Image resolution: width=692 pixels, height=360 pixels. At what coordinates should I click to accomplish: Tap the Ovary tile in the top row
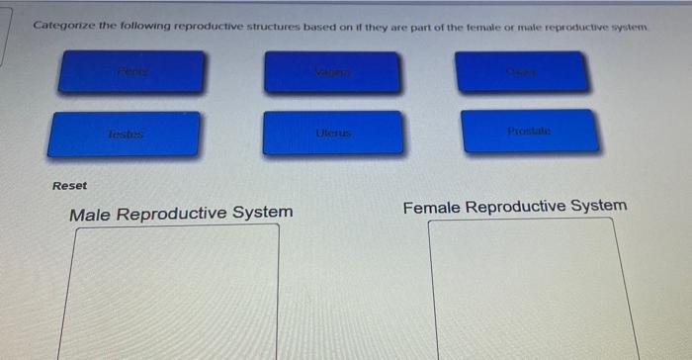pyautogui.click(x=524, y=70)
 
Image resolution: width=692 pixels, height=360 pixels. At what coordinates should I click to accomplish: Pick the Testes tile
pyautogui.click(x=125, y=134)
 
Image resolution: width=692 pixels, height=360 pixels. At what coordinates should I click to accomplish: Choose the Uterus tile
pyautogui.click(x=333, y=133)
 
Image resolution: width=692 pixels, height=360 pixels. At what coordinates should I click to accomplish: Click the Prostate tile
pyautogui.click(x=530, y=131)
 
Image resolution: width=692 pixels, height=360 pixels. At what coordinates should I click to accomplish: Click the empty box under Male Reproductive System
pyautogui.click(x=174, y=292)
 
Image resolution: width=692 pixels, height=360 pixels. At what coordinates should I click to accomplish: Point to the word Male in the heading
pyautogui.click(x=90, y=214)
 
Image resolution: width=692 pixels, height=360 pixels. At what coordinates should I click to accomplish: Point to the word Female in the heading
pyautogui.click(x=431, y=208)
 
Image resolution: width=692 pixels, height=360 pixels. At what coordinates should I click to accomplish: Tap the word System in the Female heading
pyautogui.click(x=596, y=206)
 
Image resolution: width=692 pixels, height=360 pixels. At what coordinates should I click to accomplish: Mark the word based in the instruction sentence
pyautogui.click(x=317, y=23)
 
